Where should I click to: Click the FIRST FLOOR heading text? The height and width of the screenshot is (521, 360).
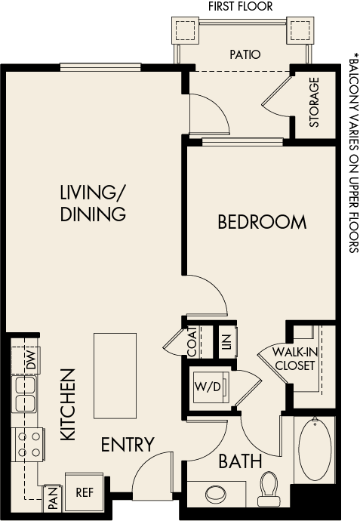242,7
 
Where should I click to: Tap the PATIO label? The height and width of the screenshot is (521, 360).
245,54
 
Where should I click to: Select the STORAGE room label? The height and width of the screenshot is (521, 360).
314,102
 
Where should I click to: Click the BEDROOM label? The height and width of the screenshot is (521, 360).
262,222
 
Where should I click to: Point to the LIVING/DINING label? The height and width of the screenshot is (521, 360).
93,203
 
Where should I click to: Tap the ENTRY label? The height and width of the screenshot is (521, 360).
128,445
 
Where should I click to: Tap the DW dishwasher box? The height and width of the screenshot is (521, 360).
29,361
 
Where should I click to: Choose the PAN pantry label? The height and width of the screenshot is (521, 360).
52,498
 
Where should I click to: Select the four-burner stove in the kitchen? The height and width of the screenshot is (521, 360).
28,444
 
